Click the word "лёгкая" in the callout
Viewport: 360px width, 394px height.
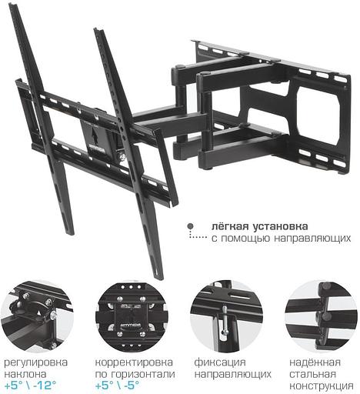point(228,227)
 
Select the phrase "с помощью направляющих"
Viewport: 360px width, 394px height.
point(282,239)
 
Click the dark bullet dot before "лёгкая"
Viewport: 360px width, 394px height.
point(189,228)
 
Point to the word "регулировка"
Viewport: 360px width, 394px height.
point(36,362)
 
